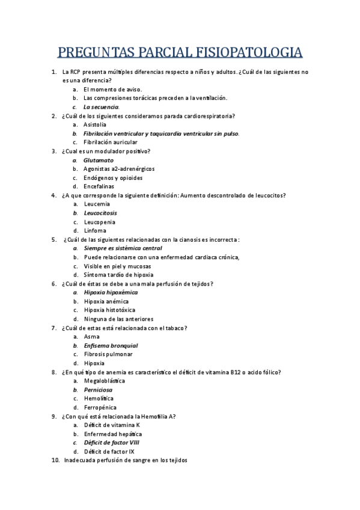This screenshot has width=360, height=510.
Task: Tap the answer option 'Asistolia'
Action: [95, 124]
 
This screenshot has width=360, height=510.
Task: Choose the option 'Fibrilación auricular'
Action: [111, 142]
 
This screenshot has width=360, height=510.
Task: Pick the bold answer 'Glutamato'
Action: [99, 160]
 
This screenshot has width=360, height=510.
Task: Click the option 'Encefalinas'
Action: [99, 186]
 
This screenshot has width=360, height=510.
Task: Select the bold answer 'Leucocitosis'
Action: [100, 213]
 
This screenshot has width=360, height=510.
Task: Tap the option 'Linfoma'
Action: [95, 230]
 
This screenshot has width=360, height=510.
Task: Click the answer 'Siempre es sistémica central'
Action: [123, 248]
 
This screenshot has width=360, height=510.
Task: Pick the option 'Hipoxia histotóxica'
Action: [109, 310]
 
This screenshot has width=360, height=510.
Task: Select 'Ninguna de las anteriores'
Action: [118, 319]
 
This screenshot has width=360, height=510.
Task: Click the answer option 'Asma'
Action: [92, 337]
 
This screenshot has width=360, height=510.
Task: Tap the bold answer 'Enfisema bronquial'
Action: [111, 346]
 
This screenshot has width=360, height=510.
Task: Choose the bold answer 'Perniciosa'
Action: [98, 390]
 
